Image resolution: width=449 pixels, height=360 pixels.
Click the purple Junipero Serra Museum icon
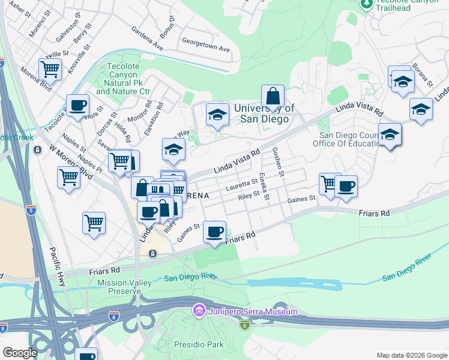(x=199, y=311)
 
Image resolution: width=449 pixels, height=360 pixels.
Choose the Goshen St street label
(x=278, y=161)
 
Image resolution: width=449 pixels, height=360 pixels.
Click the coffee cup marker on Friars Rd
(x=214, y=232)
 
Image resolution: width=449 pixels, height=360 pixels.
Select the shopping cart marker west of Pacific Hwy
(x=94, y=223)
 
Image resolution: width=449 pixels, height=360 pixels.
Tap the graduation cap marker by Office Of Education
(x=390, y=135)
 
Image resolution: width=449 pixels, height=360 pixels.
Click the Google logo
(x=20, y=353)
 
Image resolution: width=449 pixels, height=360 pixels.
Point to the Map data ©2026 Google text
(x=412, y=355)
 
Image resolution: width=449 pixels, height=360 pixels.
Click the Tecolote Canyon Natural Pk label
(x=122, y=79)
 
